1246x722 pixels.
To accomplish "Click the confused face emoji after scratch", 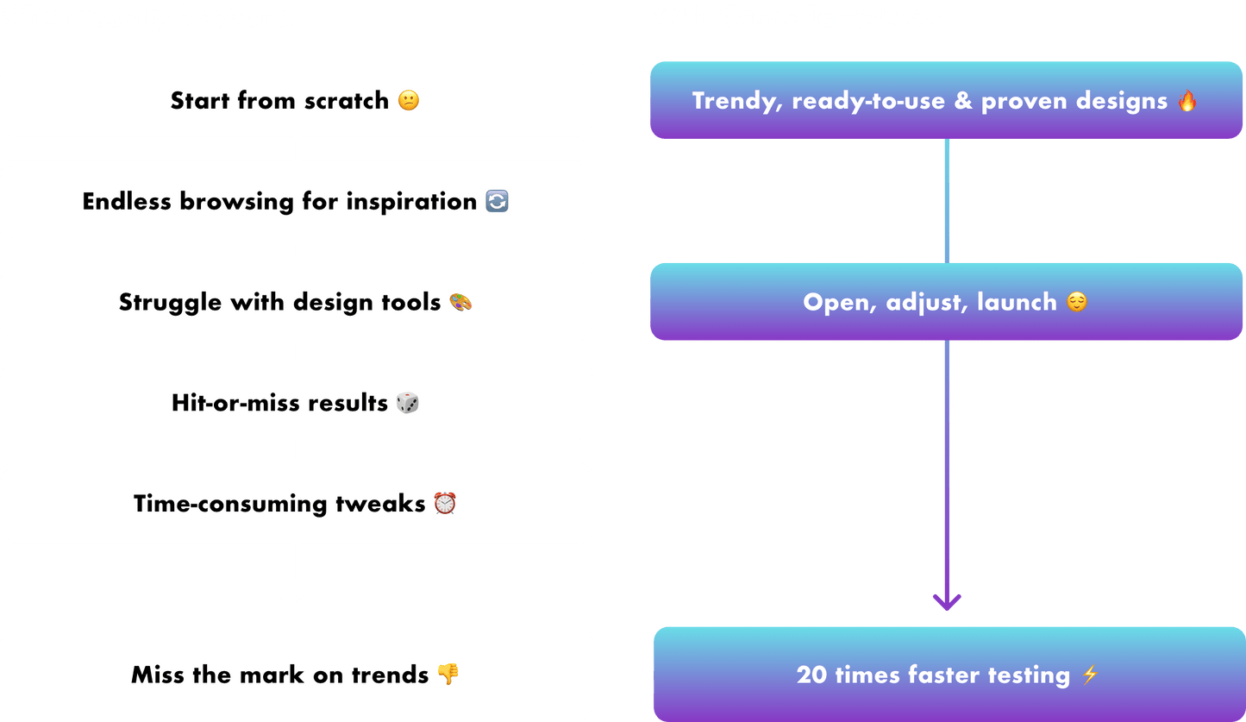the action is click(409, 100).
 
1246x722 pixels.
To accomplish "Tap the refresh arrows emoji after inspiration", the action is click(497, 201).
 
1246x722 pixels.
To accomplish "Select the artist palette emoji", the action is click(460, 302).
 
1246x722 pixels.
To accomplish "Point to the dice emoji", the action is click(407, 403).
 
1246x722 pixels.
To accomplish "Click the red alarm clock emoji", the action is click(445, 503).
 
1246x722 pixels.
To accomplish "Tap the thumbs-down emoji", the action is click(448, 675).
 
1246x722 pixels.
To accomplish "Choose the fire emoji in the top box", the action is click(1187, 100).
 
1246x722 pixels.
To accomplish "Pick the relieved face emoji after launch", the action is click(1077, 302).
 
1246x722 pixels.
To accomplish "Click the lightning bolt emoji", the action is click(1090, 675).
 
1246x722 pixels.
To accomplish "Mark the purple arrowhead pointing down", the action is click(947, 602).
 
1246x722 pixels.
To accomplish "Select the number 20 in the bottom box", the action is click(811, 675).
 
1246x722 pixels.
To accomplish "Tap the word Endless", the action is click(127, 201).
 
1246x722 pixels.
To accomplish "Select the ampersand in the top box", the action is click(963, 101).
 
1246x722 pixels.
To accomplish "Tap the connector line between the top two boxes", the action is click(947, 201).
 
